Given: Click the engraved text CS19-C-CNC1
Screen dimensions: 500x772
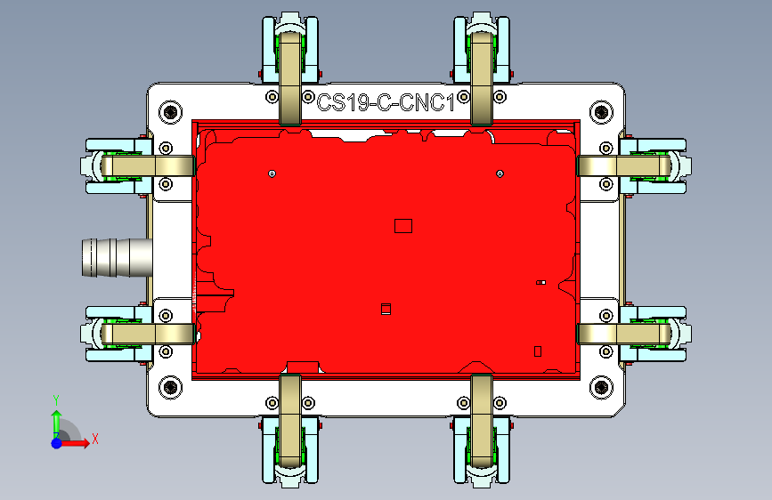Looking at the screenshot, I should (386, 102).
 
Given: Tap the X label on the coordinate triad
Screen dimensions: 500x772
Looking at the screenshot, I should (94, 438).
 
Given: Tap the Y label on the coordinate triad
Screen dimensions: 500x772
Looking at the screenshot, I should (55, 399).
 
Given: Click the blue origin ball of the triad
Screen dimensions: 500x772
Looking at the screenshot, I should (57, 442).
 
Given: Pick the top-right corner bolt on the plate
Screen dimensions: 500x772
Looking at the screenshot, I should (601, 112).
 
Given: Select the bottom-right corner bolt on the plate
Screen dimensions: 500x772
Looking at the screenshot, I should (601, 387).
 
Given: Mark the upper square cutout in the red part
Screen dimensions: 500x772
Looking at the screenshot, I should (402, 226).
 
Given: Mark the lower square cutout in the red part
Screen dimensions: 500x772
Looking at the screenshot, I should (386, 309).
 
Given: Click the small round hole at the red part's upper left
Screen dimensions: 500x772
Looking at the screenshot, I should (272, 173).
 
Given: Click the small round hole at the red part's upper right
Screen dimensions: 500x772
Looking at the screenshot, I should (500, 173).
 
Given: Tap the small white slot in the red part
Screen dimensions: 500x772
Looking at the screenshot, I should (540, 283).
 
